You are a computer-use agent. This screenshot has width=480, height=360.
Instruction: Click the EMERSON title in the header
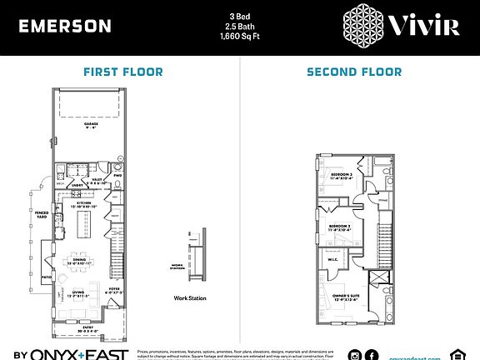65,26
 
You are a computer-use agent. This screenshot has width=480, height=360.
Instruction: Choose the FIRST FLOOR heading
123,72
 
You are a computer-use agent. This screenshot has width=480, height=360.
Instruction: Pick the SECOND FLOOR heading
354,72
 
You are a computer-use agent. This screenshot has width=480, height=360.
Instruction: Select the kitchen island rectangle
83,224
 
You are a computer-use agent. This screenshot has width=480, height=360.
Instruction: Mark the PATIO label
47,277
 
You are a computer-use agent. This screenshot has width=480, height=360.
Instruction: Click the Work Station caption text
190,297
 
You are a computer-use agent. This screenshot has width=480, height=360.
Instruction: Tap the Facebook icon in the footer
372,355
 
